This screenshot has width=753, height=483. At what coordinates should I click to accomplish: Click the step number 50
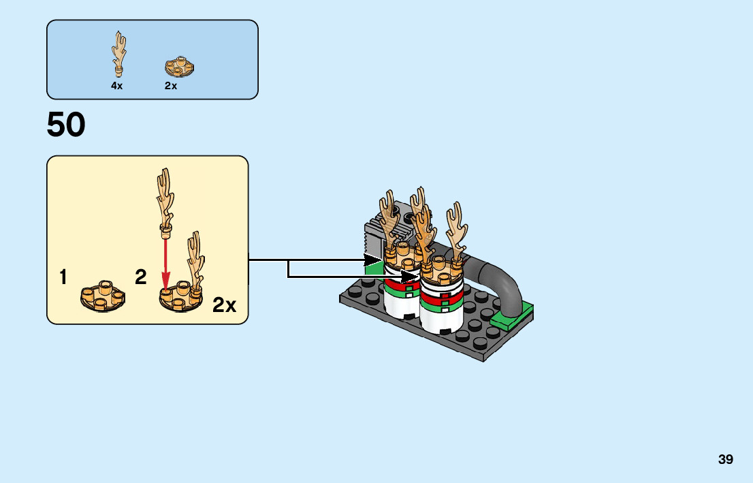coord(66,125)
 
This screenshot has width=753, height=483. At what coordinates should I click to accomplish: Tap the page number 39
coord(725,459)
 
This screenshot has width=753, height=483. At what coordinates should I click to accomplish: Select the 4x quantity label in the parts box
coord(117,86)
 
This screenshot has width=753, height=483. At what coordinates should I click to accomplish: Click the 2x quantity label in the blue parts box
coord(170,86)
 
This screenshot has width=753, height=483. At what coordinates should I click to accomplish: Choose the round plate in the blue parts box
coord(180,66)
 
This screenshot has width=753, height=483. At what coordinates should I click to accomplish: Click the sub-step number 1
coord(63,277)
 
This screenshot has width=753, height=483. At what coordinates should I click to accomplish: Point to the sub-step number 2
coord(141,277)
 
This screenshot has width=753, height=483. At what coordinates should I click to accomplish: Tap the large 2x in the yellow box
coord(224,305)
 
